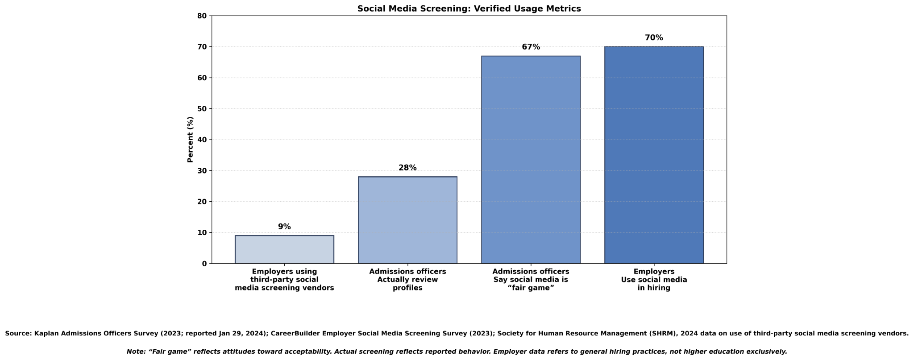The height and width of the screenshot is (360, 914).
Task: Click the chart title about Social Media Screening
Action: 469,8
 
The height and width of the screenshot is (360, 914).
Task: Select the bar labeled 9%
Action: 284,249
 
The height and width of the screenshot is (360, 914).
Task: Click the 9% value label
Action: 284,227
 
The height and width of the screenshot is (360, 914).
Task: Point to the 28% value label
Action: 407,168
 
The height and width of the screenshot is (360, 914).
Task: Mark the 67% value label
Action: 531,47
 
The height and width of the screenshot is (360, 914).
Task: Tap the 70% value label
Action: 654,37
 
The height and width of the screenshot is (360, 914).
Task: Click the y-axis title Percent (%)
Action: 191,140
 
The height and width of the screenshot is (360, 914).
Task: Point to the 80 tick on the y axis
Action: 202,16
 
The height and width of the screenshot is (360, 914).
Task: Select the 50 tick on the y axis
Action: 202,109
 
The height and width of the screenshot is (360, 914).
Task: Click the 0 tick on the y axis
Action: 204,264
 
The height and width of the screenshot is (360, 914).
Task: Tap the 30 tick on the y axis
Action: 202,171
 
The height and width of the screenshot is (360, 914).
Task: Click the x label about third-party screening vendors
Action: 284,280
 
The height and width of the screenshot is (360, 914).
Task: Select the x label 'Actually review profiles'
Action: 407,280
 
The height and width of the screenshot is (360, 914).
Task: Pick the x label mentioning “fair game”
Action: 531,280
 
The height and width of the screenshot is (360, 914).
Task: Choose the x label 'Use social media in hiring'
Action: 654,280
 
